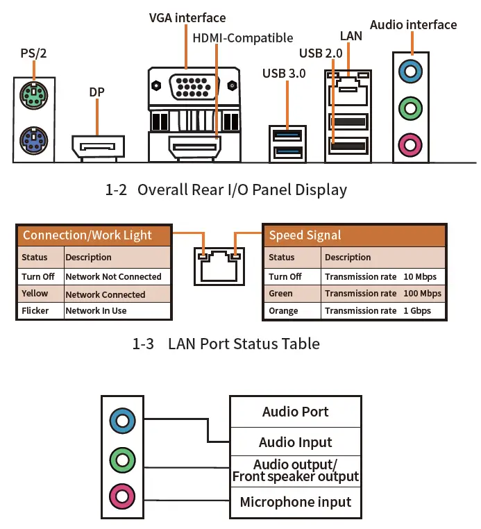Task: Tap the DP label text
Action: pos(97,92)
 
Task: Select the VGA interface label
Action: pos(187,17)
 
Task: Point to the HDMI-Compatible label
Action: pos(242,37)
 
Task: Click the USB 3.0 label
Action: pos(284,73)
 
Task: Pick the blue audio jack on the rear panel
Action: pos(412,69)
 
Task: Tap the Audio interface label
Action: pos(413,25)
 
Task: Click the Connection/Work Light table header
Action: pos(87,235)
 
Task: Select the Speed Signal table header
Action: pos(305,235)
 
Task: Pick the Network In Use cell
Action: pos(96,310)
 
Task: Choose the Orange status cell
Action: pos(283,311)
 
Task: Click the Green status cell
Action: pos(281,294)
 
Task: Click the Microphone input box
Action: pos(295,502)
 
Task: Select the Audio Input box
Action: pos(295,442)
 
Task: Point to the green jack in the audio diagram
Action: pos(122,459)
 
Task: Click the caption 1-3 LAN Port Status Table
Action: pos(226,344)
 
